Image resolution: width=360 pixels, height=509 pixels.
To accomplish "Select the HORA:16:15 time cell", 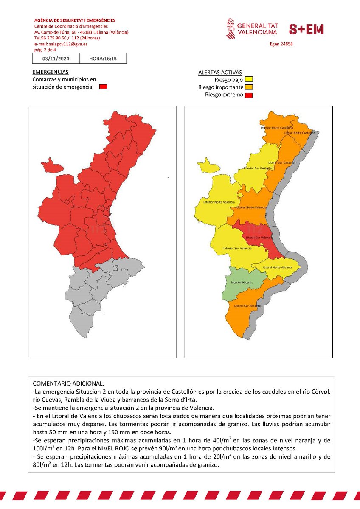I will (103, 59).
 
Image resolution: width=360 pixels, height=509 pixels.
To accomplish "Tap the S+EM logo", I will (306, 29).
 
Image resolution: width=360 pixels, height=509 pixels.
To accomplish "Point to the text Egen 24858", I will (281, 44).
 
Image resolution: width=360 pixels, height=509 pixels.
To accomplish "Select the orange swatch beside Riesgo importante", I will (248, 87).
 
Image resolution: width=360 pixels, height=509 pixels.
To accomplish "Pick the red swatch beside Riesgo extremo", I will (248, 95).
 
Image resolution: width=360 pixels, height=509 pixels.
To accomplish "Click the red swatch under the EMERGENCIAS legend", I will (103, 87).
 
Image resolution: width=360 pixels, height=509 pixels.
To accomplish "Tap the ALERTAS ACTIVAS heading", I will (220, 72).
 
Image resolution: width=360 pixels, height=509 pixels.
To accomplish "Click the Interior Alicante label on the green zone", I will (242, 282).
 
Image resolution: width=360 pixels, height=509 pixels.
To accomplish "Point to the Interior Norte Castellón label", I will (276, 127).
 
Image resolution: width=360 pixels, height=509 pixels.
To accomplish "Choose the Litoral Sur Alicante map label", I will (247, 306).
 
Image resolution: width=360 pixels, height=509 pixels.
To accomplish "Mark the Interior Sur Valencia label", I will (237, 248).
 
